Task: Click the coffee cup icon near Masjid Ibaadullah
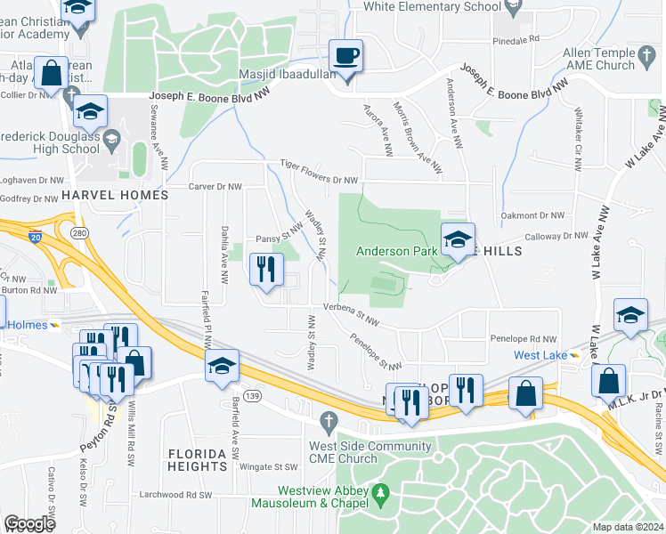[346, 56]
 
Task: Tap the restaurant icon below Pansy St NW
[265, 270]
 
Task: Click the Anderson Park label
[397, 252]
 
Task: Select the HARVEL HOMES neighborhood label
[114, 195]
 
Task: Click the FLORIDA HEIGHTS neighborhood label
[198, 460]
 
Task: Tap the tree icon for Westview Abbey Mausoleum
[381, 491]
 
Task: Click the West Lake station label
[540, 356]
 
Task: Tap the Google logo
[29, 523]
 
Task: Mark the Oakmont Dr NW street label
[532, 215]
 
